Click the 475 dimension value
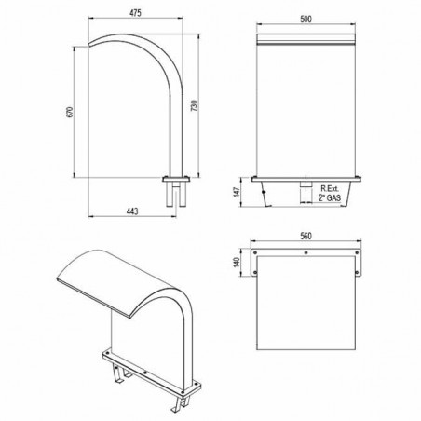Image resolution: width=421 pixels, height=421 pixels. pos(135,13)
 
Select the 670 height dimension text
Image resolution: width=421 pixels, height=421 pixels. pos(70,112)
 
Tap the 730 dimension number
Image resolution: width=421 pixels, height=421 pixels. pos(195,105)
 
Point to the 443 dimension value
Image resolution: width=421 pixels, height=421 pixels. pos(132,211)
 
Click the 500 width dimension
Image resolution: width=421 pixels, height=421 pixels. pos(306,19)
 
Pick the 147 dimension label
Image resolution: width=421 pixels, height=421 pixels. pos(237,192)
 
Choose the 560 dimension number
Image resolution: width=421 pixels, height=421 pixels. pos(306,236)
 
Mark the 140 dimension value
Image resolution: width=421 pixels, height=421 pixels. pos(237,262)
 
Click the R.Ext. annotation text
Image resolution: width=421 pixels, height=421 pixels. pos(330,188)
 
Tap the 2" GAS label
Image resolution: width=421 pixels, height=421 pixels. pos(330,197)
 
